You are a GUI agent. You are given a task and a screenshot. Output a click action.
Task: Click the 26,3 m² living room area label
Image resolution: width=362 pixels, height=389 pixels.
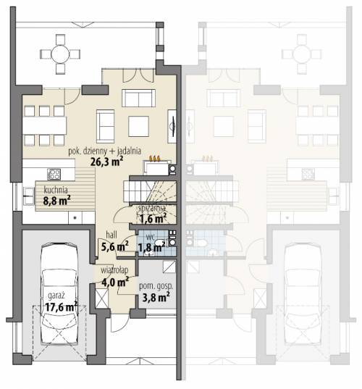coord(107,162)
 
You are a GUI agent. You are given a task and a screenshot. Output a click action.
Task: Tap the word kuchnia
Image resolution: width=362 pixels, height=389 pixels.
coord(56,190)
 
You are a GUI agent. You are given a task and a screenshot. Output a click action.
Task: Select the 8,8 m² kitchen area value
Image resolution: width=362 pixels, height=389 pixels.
coord(56,201)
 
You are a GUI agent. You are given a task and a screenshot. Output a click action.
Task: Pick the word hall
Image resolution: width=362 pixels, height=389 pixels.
coord(111,235)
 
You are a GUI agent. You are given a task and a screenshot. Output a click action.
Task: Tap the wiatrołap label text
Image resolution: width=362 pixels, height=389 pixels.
coord(114,270)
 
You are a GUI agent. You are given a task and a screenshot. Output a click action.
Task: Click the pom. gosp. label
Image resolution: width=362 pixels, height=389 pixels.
coord(156,286)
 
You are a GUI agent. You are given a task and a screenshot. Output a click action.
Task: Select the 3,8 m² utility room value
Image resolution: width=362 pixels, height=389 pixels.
coord(156,297)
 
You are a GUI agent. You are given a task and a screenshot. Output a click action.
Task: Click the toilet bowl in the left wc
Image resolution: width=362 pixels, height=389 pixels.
coord(160,243)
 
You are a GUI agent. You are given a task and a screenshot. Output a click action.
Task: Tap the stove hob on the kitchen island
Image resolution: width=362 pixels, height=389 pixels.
coord(54,174)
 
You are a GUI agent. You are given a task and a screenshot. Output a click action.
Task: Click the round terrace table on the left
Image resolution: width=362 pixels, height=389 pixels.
coord(60,54)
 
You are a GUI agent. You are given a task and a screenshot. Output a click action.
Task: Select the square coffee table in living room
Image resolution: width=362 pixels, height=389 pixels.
coord(138,126)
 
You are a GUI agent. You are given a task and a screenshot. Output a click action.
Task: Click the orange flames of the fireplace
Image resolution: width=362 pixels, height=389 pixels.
coord(155,158)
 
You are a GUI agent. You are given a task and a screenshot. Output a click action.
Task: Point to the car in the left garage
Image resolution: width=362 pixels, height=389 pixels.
coord(59,294)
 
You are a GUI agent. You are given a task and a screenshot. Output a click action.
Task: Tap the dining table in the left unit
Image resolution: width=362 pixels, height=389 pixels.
coord(45,125)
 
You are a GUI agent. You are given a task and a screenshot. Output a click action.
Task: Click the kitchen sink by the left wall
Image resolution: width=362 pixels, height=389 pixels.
coord(28,196)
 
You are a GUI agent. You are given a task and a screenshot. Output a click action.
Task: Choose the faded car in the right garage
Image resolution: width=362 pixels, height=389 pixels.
coord(303,294)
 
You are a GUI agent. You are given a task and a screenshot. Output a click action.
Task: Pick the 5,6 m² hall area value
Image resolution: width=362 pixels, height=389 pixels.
coord(115,246)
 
